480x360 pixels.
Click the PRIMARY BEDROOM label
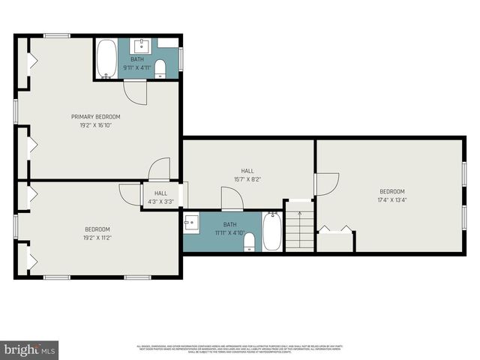[x=96, y=116]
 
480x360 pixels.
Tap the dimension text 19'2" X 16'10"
[x=96, y=125]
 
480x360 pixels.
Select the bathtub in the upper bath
[x=106, y=58]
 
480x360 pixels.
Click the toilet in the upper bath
[x=160, y=70]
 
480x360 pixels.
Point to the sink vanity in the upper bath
[x=143, y=43]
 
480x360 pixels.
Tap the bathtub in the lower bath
[x=271, y=232]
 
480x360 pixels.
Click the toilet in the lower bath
[x=250, y=241]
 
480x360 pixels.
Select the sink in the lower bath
[x=191, y=223]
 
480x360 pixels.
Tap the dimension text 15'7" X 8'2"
[x=247, y=179]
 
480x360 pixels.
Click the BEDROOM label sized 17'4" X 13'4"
[x=391, y=191]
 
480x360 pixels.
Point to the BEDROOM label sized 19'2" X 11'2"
[x=97, y=229]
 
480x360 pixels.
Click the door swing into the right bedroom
[x=327, y=184]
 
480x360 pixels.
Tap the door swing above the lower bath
[x=232, y=199]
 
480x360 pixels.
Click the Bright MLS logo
[x=29, y=349]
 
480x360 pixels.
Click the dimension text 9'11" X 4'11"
[x=138, y=67]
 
